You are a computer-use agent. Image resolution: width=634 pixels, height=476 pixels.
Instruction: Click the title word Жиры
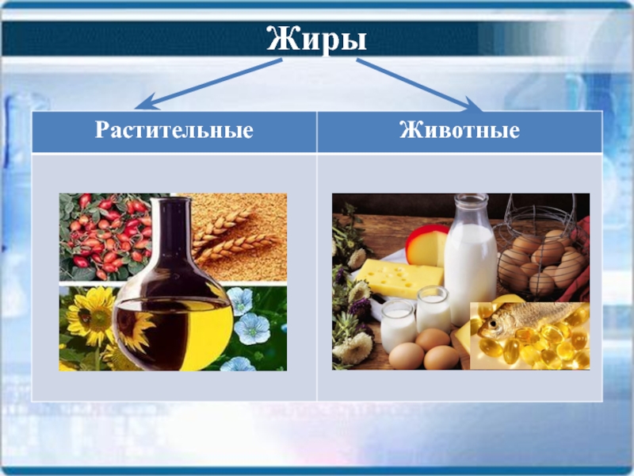[x=316, y=40]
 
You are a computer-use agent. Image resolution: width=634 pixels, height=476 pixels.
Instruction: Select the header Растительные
[x=174, y=130]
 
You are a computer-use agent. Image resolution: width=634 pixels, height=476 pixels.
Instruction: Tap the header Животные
[x=460, y=130]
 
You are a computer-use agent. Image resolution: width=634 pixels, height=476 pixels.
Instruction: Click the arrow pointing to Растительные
[x=208, y=84]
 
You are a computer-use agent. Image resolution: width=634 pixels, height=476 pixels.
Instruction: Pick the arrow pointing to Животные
[x=419, y=85]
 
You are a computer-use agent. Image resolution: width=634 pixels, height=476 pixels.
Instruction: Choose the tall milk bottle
[x=471, y=259]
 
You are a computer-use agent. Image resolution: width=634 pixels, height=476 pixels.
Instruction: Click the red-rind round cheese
[x=426, y=245]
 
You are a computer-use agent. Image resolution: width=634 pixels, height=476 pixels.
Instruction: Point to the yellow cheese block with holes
[x=399, y=279]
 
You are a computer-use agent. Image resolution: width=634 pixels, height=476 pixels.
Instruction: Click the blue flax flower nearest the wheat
[x=240, y=301]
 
